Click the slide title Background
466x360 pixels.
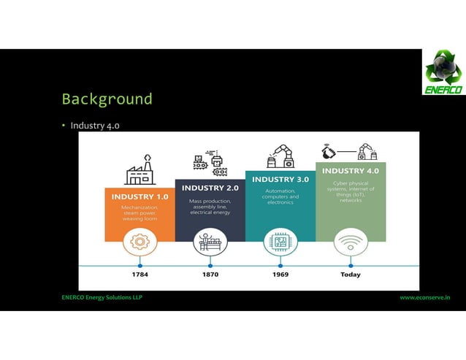click(107, 99)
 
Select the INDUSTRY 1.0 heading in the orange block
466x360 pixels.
click(140, 196)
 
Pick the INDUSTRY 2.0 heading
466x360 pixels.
click(210, 188)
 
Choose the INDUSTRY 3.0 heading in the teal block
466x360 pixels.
click(280, 179)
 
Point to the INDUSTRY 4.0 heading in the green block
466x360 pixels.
click(351, 171)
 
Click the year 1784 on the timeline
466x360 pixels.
click(140, 275)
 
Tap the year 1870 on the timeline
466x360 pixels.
click(210, 275)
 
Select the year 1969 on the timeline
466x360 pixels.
click(280, 275)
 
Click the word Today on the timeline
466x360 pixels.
click(351, 275)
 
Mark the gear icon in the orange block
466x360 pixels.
click(140, 240)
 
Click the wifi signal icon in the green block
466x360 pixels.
click(351, 240)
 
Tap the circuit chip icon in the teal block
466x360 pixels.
click(280, 240)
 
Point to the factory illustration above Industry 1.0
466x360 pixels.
click(140, 170)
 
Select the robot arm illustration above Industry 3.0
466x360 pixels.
click(280, 156)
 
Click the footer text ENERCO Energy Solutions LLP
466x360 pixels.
click(102, 298)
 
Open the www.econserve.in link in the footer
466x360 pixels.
click(424, 298)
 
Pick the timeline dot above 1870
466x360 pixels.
click(210, 266)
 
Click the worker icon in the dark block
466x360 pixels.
click(210, 240)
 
